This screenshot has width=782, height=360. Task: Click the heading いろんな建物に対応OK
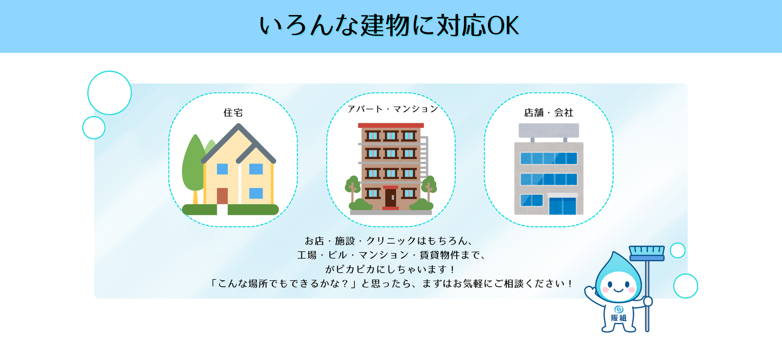(x=389, y=26)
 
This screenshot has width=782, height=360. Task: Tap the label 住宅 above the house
(x=233, y=113)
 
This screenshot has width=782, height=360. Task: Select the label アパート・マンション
(x=393, y=109)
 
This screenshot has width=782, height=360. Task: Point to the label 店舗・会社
(x=549, y=113)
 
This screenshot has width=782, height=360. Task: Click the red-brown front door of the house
(x=222, y=196)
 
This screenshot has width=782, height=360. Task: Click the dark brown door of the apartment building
(x=390, y=198)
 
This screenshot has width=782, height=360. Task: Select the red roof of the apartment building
(x=391, y=125)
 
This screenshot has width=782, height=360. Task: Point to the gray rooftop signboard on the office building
(x=549, y=131)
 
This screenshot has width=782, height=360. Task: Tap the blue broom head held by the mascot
(x=647, y=253)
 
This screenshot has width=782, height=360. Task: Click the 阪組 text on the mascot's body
(x=619, y=318)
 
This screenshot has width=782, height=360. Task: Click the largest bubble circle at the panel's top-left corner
(x=109, y=93)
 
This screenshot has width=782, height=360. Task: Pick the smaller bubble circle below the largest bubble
(x=94, y=127)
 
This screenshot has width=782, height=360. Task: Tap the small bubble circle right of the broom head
(x=678, y=250)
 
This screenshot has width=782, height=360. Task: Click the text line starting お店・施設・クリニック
(x=389, y=240)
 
